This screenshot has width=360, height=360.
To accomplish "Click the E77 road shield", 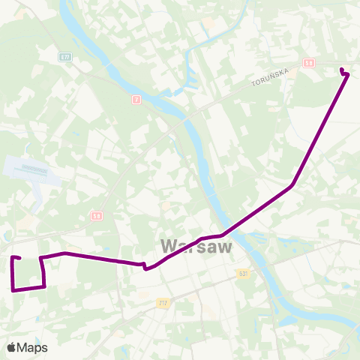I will coord(65,56).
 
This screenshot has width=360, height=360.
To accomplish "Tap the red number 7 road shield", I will coord(136,99).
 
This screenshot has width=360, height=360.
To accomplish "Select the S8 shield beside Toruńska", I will coord(309,64).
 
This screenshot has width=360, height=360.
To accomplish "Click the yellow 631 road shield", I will coord(242,274).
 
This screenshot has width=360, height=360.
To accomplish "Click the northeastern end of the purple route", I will coord(342,70).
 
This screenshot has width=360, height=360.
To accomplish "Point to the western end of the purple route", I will coord(13,258).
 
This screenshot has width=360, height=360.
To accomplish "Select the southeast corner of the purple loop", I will coord(45,286).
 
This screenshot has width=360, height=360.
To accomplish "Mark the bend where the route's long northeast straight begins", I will coord(292,184).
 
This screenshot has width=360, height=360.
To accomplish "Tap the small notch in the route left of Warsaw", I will coord(145,266).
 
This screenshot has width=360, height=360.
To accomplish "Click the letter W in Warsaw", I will coord(169,246).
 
